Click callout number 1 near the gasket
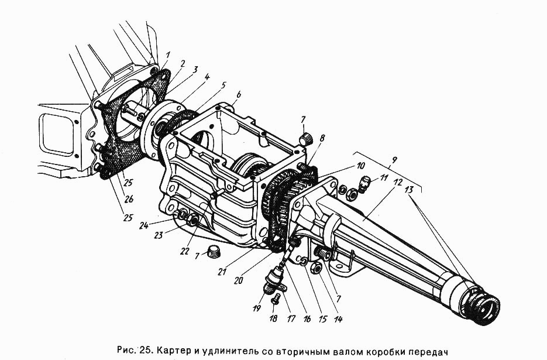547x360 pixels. pos(168,56)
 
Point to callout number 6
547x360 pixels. pos(239,95)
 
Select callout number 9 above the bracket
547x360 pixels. pos(394,160)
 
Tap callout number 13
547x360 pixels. pos(409,190)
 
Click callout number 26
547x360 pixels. pos(129,200)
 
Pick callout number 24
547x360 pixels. pos(143,225)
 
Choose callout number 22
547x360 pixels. pos(184,251)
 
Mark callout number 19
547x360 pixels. pos(256,308)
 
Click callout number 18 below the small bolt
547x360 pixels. pos(274,318)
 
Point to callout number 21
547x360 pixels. pos(222,271)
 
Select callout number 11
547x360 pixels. pos(384,178)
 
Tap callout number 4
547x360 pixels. pos(207,77)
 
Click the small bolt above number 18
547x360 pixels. pos(275,299)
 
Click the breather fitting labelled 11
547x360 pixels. pos(364,184)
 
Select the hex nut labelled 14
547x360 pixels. pos(316,268)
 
